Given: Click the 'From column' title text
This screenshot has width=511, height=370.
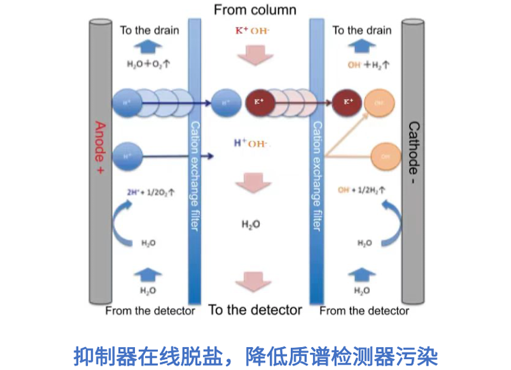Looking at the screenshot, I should point(254,9).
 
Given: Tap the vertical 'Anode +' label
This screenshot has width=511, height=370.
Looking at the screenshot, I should point(99,149).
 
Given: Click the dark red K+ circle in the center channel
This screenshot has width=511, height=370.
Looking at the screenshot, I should point(259,102).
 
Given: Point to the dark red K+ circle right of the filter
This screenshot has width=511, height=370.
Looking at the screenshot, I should point(348,102).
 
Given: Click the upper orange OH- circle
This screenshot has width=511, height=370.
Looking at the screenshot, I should point(379,103).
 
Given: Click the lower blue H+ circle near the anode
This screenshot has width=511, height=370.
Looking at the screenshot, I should point(128,156).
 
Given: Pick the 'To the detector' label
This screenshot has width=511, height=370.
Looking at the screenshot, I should point(255,310).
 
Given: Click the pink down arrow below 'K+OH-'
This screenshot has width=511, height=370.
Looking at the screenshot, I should point(255,55).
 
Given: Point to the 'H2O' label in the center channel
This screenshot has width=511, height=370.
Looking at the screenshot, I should point(251,224).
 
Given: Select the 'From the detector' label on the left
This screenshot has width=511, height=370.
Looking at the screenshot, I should point(150,311).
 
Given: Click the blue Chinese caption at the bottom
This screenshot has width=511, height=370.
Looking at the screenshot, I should point(255,353).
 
